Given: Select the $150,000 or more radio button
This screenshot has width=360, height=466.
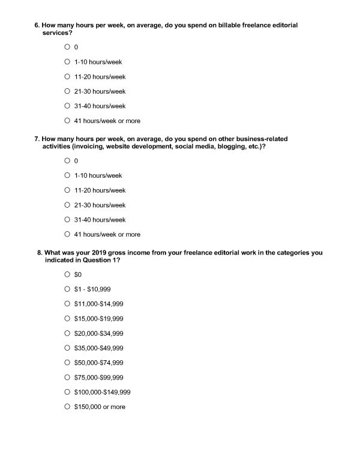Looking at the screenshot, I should pos(67,407).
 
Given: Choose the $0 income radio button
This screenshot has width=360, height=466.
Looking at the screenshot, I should pos(67,274).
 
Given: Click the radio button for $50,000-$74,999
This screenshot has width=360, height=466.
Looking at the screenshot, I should pos(67,363).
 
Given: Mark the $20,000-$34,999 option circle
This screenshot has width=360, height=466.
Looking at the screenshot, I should pos(67,333).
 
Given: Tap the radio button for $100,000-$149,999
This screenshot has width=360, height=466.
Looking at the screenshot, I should pos(67,392).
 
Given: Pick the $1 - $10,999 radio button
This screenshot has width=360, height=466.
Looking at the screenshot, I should pos(67,289).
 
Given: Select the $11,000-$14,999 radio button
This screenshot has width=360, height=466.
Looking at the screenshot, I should pos(67,304).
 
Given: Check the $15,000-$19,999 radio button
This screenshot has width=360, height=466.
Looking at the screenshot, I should pos(67,319).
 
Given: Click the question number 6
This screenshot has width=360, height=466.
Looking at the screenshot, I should pos(37,26).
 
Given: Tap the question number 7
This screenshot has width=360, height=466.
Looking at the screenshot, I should pos(37,139).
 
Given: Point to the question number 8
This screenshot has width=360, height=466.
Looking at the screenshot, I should pos(40,253).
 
